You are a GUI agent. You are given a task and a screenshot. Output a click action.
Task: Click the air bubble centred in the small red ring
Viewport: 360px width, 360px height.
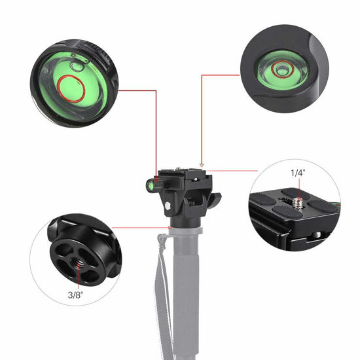pos(282,68)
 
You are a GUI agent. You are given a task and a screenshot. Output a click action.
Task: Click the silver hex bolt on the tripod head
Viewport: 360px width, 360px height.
pos(169,204)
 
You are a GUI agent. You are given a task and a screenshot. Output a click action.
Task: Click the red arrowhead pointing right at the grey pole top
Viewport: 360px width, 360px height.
pos(166,228)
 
